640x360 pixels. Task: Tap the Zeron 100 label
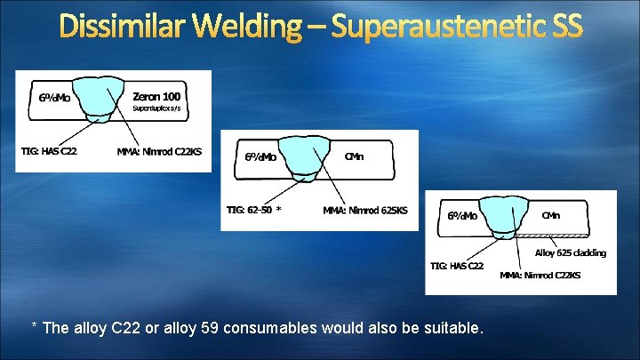click(x=159, y=95)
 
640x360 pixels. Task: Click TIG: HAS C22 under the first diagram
click(x=49, y=150)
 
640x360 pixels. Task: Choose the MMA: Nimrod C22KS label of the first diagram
click(x=159, y=151)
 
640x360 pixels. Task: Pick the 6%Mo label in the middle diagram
click(x=260, y=157)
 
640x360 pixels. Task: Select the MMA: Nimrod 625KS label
click(x=365, y=211)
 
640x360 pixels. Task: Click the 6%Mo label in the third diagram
click(x=462, y=216)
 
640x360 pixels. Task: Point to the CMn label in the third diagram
click(x=551, y=214)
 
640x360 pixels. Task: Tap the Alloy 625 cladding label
click(x=570, y=252)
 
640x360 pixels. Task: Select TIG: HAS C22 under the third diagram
click(x=457, y=266)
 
